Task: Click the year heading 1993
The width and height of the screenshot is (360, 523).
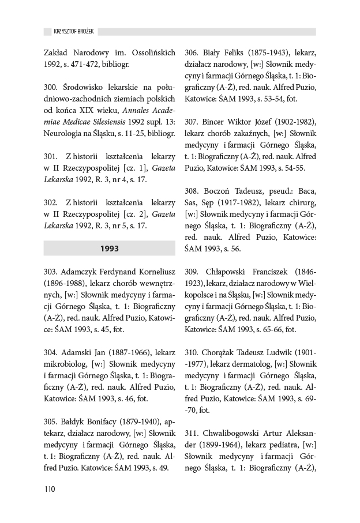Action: pos(109,249)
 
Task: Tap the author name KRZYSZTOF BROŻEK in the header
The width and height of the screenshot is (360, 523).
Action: pos(69,31)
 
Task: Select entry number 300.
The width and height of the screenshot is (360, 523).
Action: pos(51,86)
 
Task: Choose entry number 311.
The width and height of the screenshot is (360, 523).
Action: pos(192,433)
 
